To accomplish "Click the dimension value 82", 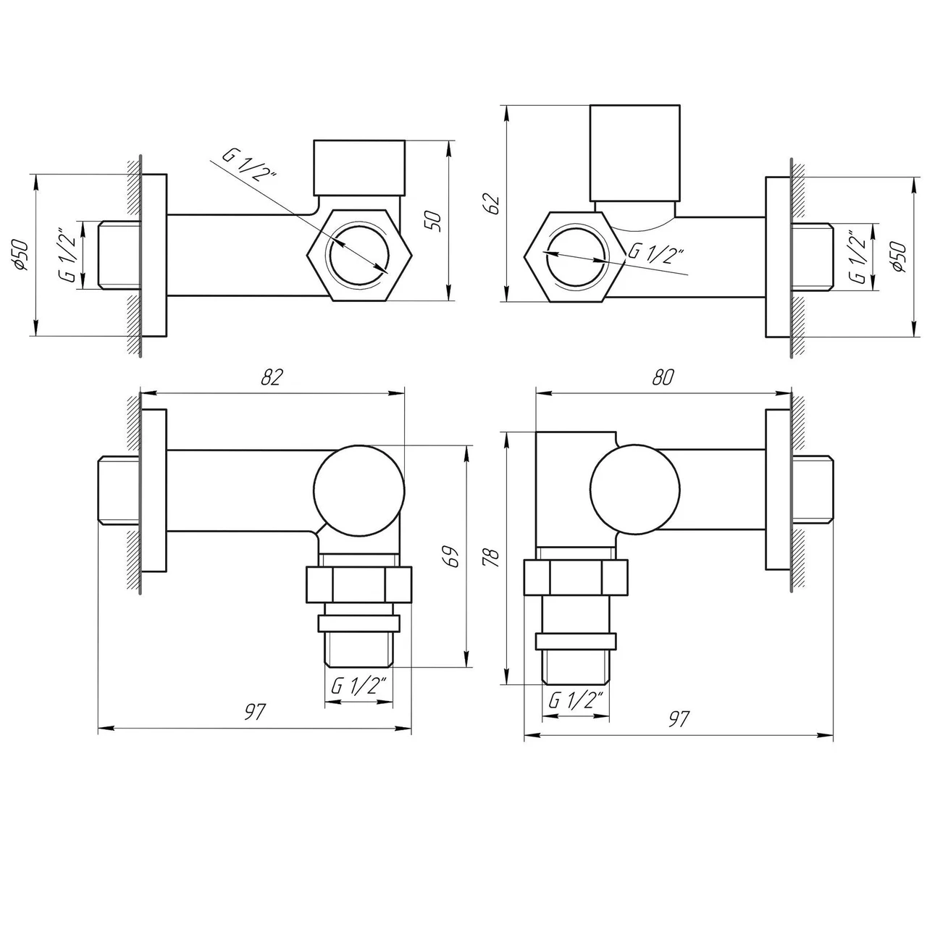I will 272,377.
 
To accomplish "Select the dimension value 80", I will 663,377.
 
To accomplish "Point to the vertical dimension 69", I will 453,557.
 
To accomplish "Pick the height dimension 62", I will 493,204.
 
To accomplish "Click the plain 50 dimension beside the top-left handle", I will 435,221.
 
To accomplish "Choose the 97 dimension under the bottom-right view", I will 679,719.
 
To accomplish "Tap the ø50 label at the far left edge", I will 21,255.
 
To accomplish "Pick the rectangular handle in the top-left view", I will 359,167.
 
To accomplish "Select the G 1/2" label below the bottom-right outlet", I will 576,700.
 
